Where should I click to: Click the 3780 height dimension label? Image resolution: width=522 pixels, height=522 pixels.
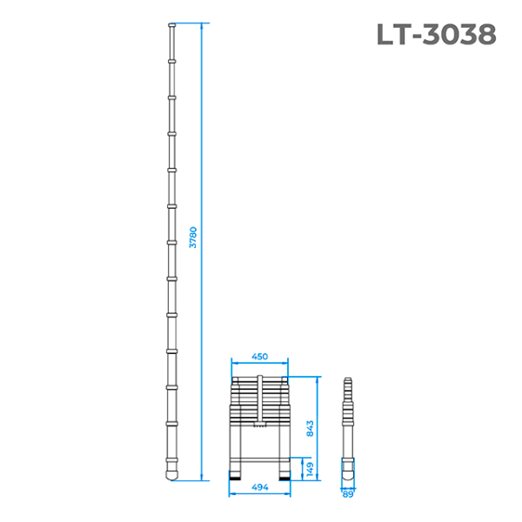[x=194, y=238]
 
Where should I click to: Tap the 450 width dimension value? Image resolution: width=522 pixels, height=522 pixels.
[x=259, y=357]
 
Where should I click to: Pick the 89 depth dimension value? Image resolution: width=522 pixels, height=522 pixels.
[x=348, y=494]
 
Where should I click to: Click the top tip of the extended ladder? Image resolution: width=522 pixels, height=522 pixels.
[x=171, y=27]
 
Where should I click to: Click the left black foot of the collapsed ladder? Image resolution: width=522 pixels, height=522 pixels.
[x=237, y=476]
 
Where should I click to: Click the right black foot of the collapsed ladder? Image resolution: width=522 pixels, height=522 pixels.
[x=284, y=476]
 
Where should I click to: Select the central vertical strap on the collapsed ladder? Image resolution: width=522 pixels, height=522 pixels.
[x=259, y=400]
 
